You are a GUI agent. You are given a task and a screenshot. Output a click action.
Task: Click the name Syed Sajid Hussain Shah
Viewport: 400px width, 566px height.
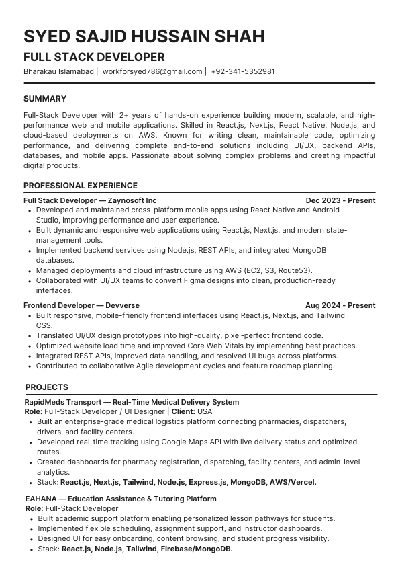click(x=144, y=36)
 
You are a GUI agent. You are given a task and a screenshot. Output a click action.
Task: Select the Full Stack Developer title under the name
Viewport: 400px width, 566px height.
click(x=94, y=57)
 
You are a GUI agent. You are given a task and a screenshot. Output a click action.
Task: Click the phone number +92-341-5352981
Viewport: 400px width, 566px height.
click(x=242, y=71)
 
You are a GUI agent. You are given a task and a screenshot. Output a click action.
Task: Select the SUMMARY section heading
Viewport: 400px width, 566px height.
click(x=45, y=99)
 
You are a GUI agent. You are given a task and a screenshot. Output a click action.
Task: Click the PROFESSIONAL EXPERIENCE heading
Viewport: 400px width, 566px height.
click(x=81, y=186)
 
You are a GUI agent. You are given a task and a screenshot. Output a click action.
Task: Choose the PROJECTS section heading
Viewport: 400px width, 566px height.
click(x=47, y=387)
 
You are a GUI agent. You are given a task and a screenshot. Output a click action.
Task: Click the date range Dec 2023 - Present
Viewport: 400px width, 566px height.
click(x=340, y=200)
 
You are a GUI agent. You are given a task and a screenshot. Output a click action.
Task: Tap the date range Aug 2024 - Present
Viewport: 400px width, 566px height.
click(x=340, y=305)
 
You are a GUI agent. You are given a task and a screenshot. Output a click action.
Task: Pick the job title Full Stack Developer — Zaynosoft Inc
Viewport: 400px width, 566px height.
click(x=90, y=200)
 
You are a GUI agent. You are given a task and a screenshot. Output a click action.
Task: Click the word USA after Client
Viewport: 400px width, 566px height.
click(x=204, y=411)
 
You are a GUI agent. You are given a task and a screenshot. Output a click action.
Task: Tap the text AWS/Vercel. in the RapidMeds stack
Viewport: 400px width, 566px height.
click(x=293, y=482)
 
